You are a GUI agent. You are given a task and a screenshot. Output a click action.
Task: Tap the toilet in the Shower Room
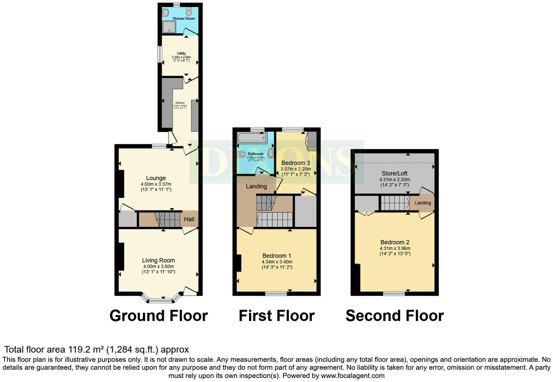point(188,12)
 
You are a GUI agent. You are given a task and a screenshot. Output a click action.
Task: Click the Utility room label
point(181,54)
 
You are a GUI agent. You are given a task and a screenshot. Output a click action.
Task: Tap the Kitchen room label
point(180,103)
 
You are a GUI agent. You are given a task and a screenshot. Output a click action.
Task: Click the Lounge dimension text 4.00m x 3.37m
point(156,184)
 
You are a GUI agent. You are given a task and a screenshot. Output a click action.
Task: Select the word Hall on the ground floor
point(189,219)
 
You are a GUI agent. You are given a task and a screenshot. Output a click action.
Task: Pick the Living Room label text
point(158,260)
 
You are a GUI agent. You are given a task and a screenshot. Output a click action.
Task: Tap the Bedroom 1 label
point(276,256)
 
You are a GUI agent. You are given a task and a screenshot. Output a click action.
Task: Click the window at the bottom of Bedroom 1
point(276,293)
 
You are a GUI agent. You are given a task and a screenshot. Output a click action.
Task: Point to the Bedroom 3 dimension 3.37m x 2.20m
point(295,169)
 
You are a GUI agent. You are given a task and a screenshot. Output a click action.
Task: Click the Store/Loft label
point(394,174)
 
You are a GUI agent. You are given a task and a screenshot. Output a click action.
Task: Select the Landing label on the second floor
point(422,203)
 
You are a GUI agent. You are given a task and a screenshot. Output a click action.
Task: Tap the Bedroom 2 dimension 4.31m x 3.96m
point(395,248)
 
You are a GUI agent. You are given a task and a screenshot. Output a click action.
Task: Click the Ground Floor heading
point(159,316)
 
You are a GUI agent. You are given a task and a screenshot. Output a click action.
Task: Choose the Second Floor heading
point(394,316)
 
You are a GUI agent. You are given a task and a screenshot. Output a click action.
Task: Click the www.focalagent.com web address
point(353,375)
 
